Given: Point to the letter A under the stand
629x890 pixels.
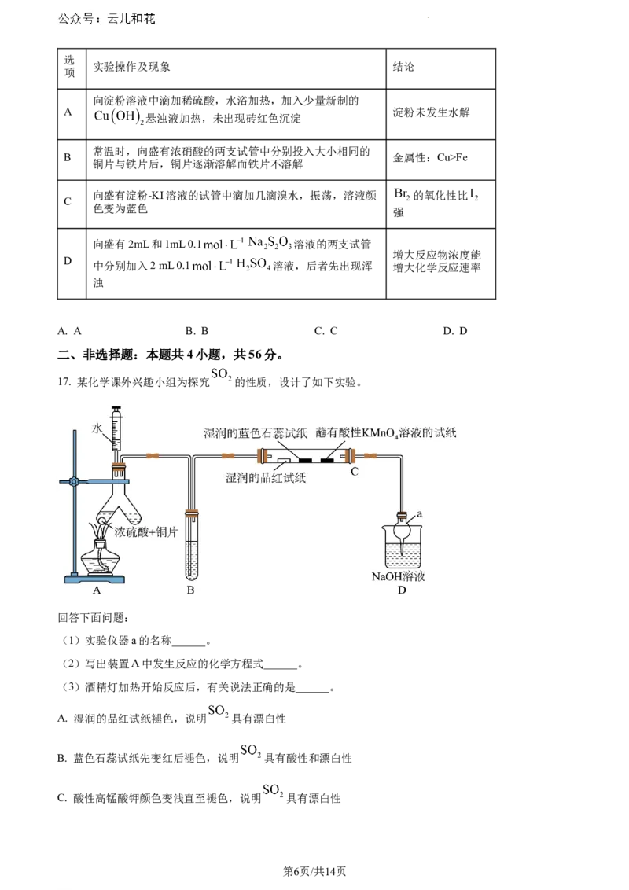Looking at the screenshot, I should click(97, 590).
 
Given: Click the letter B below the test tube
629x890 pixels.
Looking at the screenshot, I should click(190, 590).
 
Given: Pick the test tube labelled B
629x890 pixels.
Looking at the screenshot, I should click(191, 542).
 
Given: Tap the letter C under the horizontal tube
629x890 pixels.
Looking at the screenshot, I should click(355, 472).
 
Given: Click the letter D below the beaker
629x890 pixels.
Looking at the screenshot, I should click(402, 590).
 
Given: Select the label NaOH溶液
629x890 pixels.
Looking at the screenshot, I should click(399, 576).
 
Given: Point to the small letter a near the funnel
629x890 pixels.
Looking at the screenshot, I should click(420, 513).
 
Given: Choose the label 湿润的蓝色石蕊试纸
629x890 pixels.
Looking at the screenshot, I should click(255, 432).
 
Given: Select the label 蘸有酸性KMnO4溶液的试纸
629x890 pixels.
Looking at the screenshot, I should click(386, 432).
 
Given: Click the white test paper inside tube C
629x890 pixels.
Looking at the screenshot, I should click(285, 460).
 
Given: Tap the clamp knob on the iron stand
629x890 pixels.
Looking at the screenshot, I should click(72, 481).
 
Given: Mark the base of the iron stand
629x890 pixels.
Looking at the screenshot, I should click(95, 580).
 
